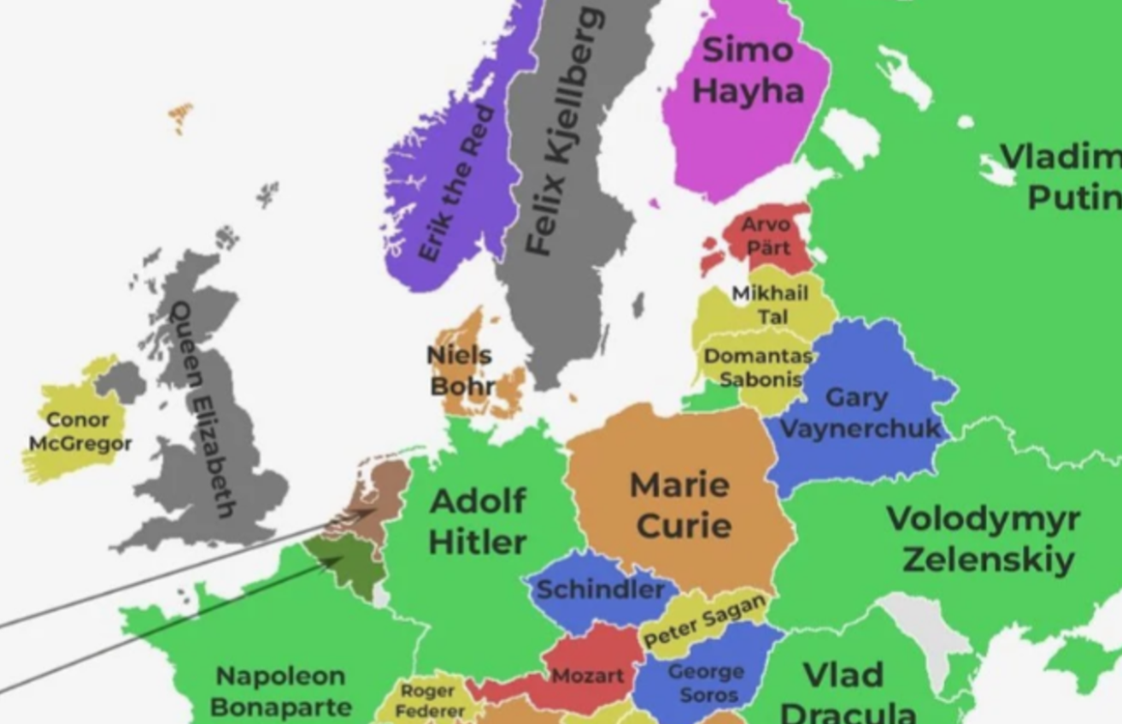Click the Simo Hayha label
pyautogui.click(x=748, y=71)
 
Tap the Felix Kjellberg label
pyautogui.click(x=564, y=132)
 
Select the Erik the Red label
pyautogui.click(x=456, y=184)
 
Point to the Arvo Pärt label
pyautogui.click(x=767, y=236)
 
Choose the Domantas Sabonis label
pyautogui.click(x=755, y=367)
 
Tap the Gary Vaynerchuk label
pyautogui.click(x=859, y=413)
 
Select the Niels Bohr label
pyautogui.click(x=461, y=370)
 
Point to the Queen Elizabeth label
pyautogui.click(x=202, y=409)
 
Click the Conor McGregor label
pyautogui.click(x=79, y=432)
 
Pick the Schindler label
pyautogui.click(x=600, y=589)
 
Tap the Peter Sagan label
pyautogui.click(x=704, y=621)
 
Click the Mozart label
pyautogui.click(x=587, y=675)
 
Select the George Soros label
pyautogui.click(x=707, y=683)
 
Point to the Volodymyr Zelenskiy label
pyautogui.click(x=983, y=539)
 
